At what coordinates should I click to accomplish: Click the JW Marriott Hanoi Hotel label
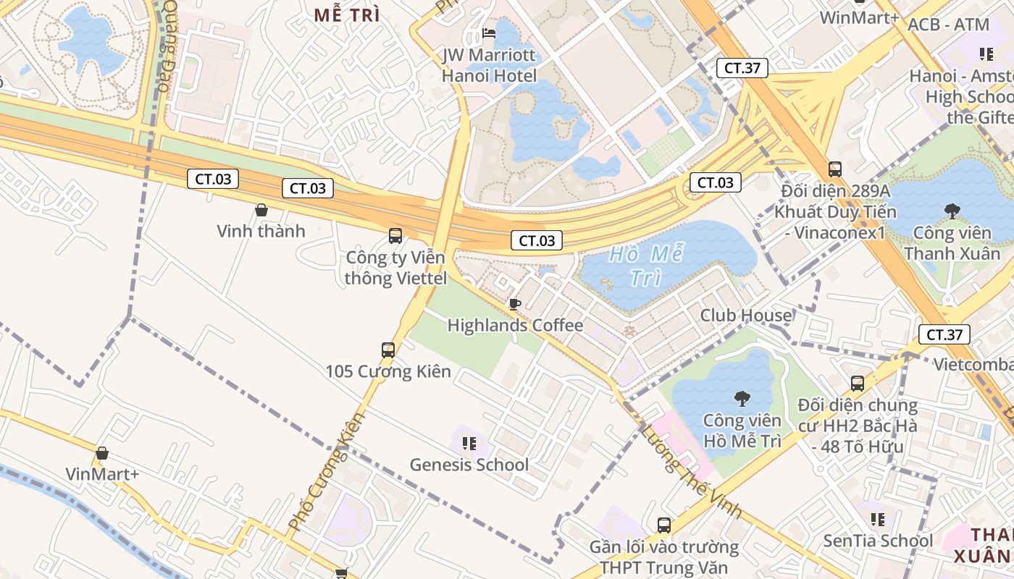pyautogui.click(x=489, y=65)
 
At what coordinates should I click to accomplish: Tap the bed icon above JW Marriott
pyautogui.click(x=489, y=33)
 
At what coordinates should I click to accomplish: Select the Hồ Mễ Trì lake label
pyautogui.click(x=646, y=266)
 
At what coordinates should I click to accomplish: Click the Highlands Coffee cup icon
pyautogui.click(x=514, y=304)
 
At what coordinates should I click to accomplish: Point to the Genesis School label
pyautogui.click(x=469, y=465)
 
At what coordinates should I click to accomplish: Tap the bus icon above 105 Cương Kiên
pyautogui.click(x=388, y=350)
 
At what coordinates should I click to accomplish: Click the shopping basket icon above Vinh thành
pyautogui.click(x=261, y=210)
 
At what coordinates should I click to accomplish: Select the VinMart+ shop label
pyautogui.click(x=102, y=474)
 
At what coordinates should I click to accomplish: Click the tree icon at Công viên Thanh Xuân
pyautogui.click(x=952, y=211)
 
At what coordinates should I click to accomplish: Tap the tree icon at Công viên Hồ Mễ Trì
pyautogui.click(x=742, y=398)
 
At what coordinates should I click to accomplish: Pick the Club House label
pyautogui.click(x=745, y=316)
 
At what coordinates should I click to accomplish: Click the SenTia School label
pyautogui.click(x=878, y=541)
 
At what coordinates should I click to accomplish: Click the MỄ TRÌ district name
pyautogui.click(x=347, y=15)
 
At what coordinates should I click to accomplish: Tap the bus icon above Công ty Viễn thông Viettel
pyautogui.click(x=395, y=235)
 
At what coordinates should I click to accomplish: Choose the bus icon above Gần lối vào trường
pyautogui.click(x=663, y=525)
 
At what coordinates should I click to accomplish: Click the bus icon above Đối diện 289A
pyautogui.click(x=834, y=169)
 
